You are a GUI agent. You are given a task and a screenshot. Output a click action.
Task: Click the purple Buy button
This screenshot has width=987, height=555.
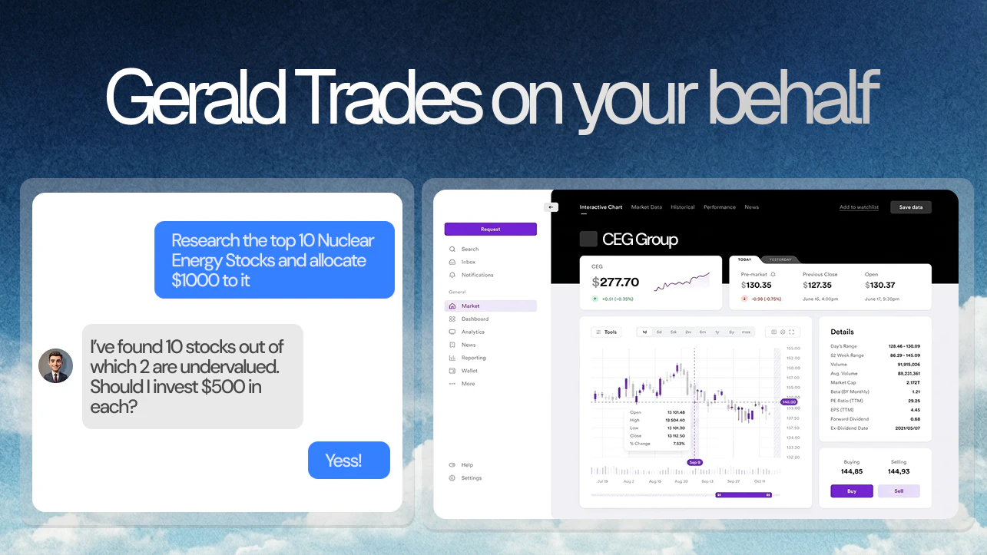pyautogui.click(x=851, y=491)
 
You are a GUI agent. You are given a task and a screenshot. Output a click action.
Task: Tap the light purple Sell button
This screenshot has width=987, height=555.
pyautogui.click(x=899, y=491)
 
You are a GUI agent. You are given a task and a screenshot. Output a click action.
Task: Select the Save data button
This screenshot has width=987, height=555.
pyautogui.click(x=910, y=207)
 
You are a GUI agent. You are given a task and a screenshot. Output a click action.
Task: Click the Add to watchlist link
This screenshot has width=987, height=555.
pyautogui.click(x=859, y=207)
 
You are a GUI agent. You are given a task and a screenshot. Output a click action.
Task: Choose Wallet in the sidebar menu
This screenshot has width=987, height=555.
pyautogui.click(x=469, y=371)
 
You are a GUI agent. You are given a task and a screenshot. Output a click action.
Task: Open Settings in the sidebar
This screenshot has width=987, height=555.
pyautogui.click(x=471, y=477)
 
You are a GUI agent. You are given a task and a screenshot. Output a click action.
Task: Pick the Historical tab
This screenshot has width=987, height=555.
pyautogui.click(x=682, y=207)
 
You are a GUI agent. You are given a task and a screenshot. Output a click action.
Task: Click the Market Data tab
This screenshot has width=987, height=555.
pyautogui.click(x=646, y=207)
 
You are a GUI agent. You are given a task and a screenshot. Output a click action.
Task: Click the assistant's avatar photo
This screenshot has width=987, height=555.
pyautogui.click(x=55, y=366)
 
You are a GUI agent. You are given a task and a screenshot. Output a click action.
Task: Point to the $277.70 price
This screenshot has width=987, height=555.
pyautogui.click(x=616, y=282)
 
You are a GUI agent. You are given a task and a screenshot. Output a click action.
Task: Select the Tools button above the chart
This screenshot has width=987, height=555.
pyautogui.click(x=607, y=332)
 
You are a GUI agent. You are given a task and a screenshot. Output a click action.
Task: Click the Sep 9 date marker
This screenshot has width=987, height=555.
pyautogui.click(x=694, y=462)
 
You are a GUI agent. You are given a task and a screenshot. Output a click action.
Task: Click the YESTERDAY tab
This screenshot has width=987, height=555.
pyautogui.click(x=780, y=259)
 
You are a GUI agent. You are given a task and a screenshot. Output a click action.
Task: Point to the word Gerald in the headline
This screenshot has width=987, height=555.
pyautogui.click(x=197, y=97)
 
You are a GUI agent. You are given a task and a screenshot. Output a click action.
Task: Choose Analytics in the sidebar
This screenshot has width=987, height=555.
pyautogui.click(x=472, y=332)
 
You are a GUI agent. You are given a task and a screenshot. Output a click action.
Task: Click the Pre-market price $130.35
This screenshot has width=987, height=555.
pyautogui.click(x=757, y=286)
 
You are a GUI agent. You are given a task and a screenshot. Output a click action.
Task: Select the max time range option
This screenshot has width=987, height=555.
pyautogui.click(x=746, y=332)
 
